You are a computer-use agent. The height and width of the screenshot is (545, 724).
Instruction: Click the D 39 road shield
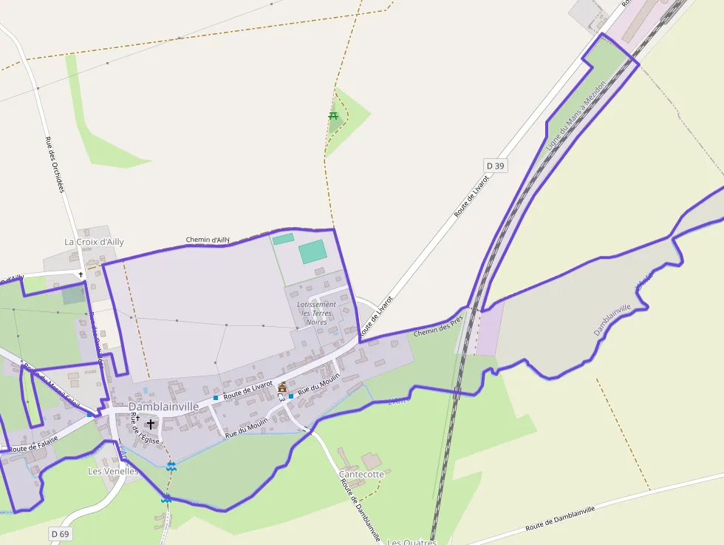496,166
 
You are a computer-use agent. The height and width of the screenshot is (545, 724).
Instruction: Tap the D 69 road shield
61,533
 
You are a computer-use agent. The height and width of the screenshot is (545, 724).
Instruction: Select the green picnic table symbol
334,115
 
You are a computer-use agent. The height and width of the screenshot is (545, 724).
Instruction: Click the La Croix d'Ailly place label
94,242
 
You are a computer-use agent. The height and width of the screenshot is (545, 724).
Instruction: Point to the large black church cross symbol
151,424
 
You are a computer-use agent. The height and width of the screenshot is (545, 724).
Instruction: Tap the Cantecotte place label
361,474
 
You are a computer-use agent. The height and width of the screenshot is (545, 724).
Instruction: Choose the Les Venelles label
113,471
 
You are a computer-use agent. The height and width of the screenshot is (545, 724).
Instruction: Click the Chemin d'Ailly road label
208,240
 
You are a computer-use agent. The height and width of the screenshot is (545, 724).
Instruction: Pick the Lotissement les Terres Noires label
316,313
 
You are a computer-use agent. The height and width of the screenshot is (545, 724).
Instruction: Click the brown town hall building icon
282,387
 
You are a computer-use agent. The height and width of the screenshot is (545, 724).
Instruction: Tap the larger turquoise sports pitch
313,251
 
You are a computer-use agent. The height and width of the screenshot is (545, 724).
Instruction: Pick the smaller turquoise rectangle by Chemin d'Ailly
283,239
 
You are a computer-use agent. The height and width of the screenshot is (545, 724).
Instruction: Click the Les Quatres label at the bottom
411,541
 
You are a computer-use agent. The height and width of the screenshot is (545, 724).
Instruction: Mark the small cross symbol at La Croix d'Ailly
81,274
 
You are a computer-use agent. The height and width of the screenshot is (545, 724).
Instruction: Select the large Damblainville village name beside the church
163,407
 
